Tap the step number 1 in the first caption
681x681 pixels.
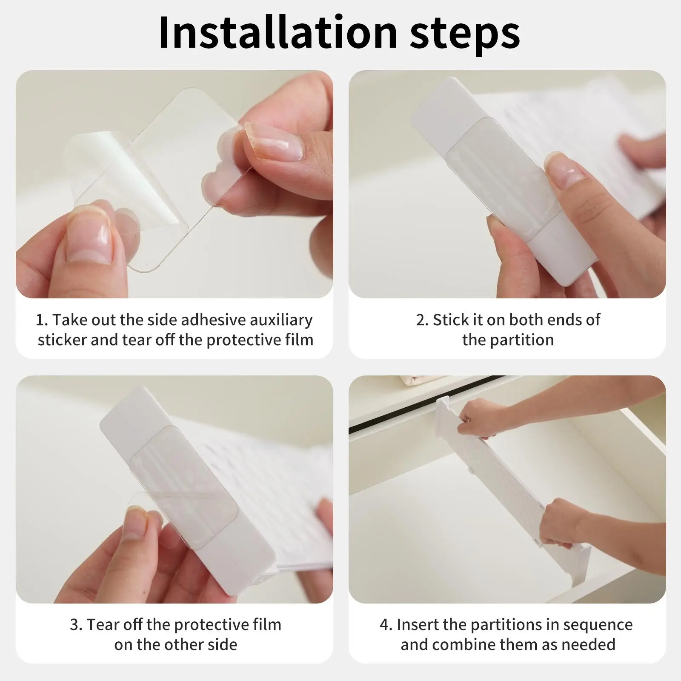[x=41, y=320]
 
